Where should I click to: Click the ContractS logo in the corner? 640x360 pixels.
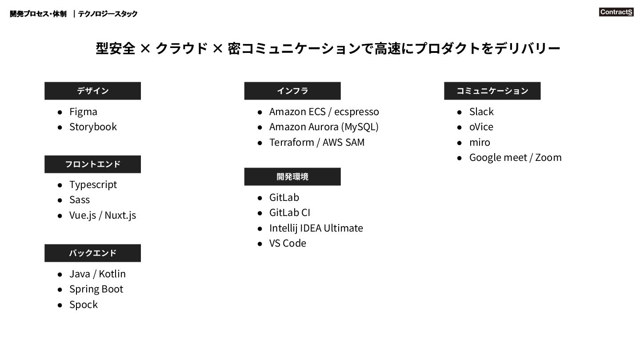tap(616, 12)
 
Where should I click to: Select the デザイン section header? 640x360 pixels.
tap(92, 91)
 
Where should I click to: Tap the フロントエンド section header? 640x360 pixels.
tap(92, 164)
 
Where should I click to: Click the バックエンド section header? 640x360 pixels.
tap(92, 253)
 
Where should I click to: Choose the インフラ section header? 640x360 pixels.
tap(292, 91)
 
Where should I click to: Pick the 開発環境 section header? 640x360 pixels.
tap(292, 176)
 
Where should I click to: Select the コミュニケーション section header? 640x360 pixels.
tap(492, 91)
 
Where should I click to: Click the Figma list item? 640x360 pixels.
tap(83, 112)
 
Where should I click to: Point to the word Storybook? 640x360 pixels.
tap(93, 127)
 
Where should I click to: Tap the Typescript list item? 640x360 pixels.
tap(93, 184)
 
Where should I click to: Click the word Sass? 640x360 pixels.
tap(80, 200)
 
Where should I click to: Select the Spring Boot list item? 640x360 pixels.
tap(96, 289)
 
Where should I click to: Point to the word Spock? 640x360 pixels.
tap(84, 304)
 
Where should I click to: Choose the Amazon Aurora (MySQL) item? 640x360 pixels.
tap(324, 127)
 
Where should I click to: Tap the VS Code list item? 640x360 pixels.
tap(288, 243)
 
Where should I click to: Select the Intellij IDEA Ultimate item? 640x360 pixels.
tap(316, 228)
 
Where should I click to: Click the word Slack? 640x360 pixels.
tap(481, 112)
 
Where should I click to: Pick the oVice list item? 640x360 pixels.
tap(481, 127)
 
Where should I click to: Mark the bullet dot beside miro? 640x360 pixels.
tap(460, 143)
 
